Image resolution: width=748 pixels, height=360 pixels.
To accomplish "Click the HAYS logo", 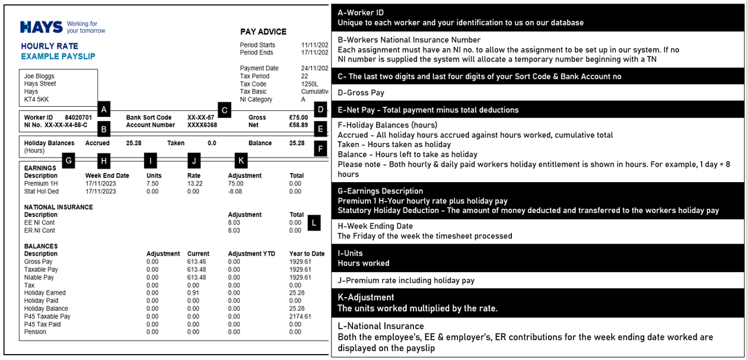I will click(x=42, y=27).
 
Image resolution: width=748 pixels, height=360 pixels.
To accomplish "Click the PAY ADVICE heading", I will click(x=263, y=31).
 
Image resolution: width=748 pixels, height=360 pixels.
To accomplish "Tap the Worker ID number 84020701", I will click(x=78, y=117).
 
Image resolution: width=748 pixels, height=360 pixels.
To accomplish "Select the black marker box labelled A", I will click(x=104, y=109).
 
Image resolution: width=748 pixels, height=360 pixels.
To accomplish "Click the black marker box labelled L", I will click(x=314, y=223).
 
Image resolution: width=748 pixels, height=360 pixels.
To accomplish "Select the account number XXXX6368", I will click(x=202, y=125).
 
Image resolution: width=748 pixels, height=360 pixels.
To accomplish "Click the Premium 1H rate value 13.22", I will click(x=195, y=184).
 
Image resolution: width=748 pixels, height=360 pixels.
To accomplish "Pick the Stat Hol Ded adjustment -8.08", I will click(x=235, y=192).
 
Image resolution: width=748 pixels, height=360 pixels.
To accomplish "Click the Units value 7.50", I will click(x=152, y=184).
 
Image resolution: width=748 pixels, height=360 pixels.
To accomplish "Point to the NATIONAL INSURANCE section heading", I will click(x=58, y=207).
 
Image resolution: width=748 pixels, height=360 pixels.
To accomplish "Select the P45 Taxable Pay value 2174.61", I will click(x=300, y=316).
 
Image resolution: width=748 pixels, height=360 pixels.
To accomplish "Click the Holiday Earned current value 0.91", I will click(x=193, y=293).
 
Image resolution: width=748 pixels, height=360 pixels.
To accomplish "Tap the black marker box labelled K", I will click(x=240, y=160).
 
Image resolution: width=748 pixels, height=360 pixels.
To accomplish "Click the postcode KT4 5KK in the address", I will click(x=36, y=100).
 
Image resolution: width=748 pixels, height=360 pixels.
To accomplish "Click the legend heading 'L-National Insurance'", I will click(x=381, y=326).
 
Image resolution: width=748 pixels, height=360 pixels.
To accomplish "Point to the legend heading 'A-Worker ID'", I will click(x=361, y=12).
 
